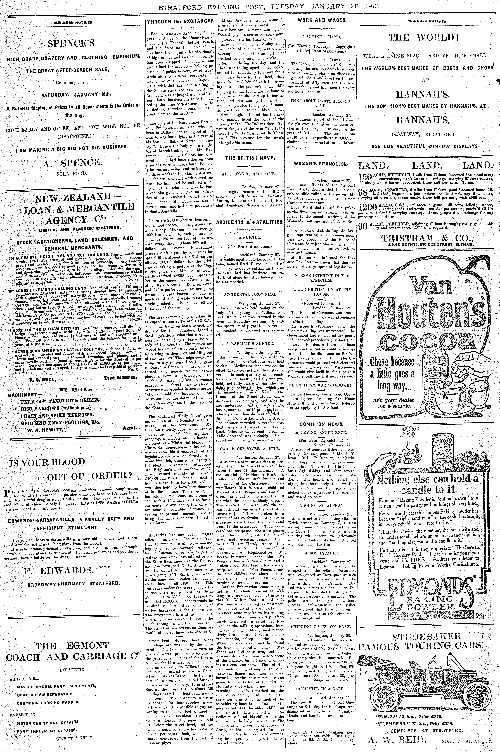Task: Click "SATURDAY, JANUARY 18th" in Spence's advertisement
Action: [x=76, y=94]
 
